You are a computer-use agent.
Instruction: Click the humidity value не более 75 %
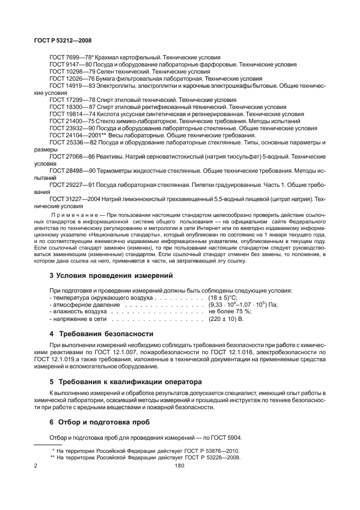click(x=228, y=312)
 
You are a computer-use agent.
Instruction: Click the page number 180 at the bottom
click(x=180, y=465)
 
